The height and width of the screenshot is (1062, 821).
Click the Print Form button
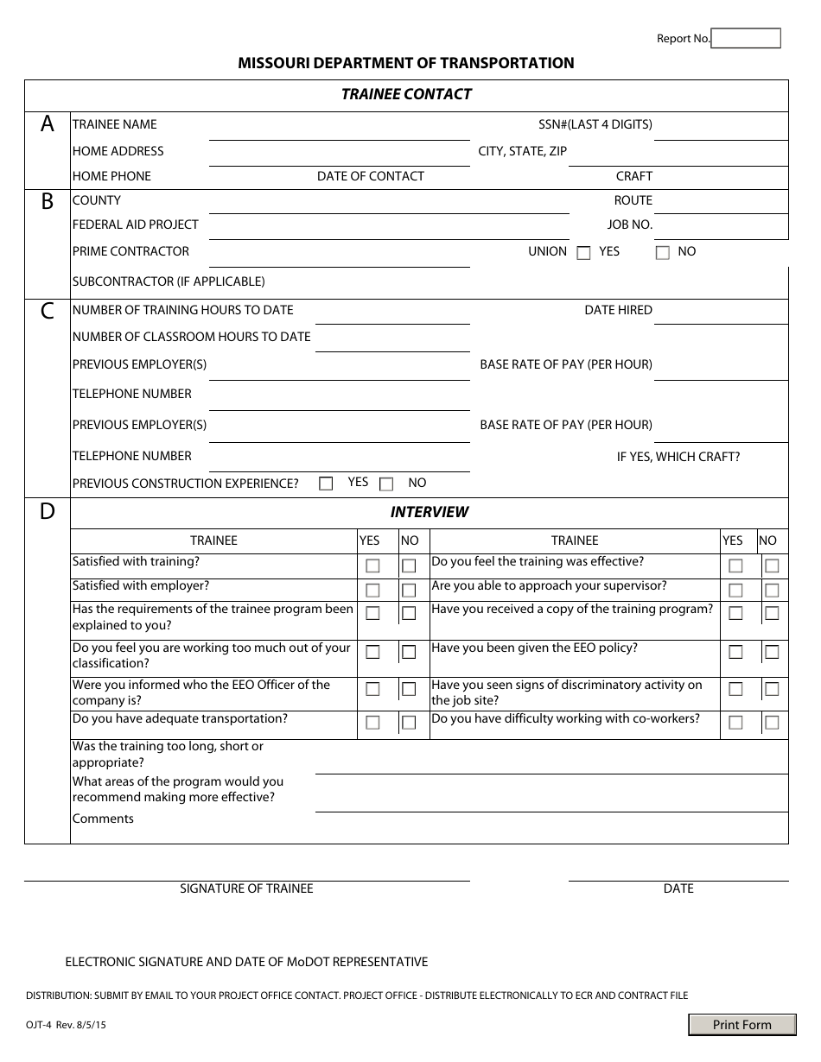tap(741, 1025)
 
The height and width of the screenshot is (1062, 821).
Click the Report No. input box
tap(746, 38)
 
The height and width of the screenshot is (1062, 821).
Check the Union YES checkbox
tap(583, 253)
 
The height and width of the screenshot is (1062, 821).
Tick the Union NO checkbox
tap(663, 253)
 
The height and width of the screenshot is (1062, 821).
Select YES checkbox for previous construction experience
tap(326, 484)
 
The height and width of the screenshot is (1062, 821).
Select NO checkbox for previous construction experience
tap(386, 484)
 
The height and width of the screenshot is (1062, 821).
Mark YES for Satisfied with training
tap(372, 566)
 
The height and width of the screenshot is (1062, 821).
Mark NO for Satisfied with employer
tap(409, 591)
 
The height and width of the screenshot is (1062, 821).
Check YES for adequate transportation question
tap(372, 723)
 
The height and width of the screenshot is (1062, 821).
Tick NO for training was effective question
tap(772, 566)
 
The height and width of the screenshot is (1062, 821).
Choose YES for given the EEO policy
tap(735, 652)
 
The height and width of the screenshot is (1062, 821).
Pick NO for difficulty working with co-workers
tap(772, 723)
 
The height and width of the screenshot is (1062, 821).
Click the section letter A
tap(48, 124)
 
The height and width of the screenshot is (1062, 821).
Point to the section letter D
tap(48, 511)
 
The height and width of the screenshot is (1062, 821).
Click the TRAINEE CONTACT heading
tap(406, 94)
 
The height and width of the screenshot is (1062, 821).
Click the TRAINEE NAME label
tap(115, 124)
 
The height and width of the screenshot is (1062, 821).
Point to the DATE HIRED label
tap(618, 310)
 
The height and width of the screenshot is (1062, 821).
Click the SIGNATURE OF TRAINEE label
tap(246, 888)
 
